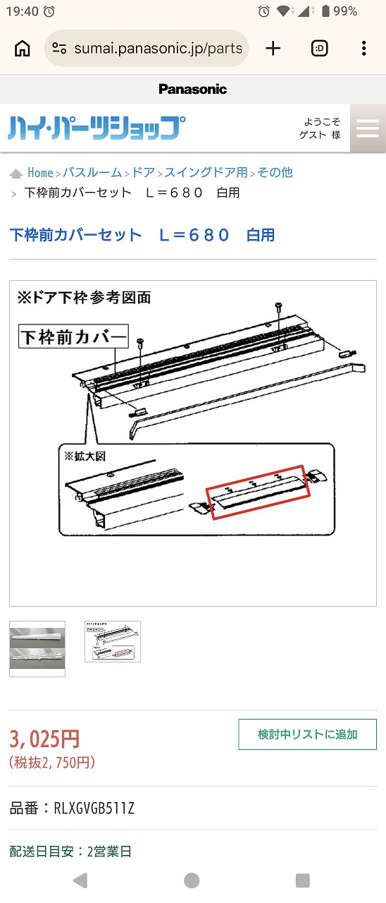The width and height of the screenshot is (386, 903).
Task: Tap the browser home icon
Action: (x=22, y=49)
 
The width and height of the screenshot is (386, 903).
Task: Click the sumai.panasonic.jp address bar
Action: (x=147, y=49)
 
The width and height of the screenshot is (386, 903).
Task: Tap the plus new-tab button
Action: (x=273, y=49)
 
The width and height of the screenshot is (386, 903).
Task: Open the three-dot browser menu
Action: (x=364, y=49)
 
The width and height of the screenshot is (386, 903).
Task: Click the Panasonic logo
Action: (x=193, y=89)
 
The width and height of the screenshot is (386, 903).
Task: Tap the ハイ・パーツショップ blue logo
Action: (x=96, y=128)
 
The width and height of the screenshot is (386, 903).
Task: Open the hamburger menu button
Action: (x=368, y=128)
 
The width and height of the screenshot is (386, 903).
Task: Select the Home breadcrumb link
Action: (x=40, y=173)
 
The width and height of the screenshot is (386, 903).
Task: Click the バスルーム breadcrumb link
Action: (x=92, y=173)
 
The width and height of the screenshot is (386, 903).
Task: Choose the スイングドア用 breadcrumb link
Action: (x=206, y=173)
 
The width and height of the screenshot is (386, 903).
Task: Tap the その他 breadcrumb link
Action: (x=275, y=173)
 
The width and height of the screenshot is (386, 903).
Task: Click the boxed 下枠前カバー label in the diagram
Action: (x=74, y=337)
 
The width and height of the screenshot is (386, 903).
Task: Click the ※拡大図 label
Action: (x=85, y=456)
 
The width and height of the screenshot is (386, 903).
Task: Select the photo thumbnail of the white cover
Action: (x=37, y=648)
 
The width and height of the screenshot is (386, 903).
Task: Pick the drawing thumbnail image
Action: (x=113, y=641)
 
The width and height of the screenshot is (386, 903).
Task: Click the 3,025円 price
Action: (x=44, y=739)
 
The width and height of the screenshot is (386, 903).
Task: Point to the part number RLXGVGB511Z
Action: (x=94, y=808)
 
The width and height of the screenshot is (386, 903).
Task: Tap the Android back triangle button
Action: (x=81, y=880)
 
